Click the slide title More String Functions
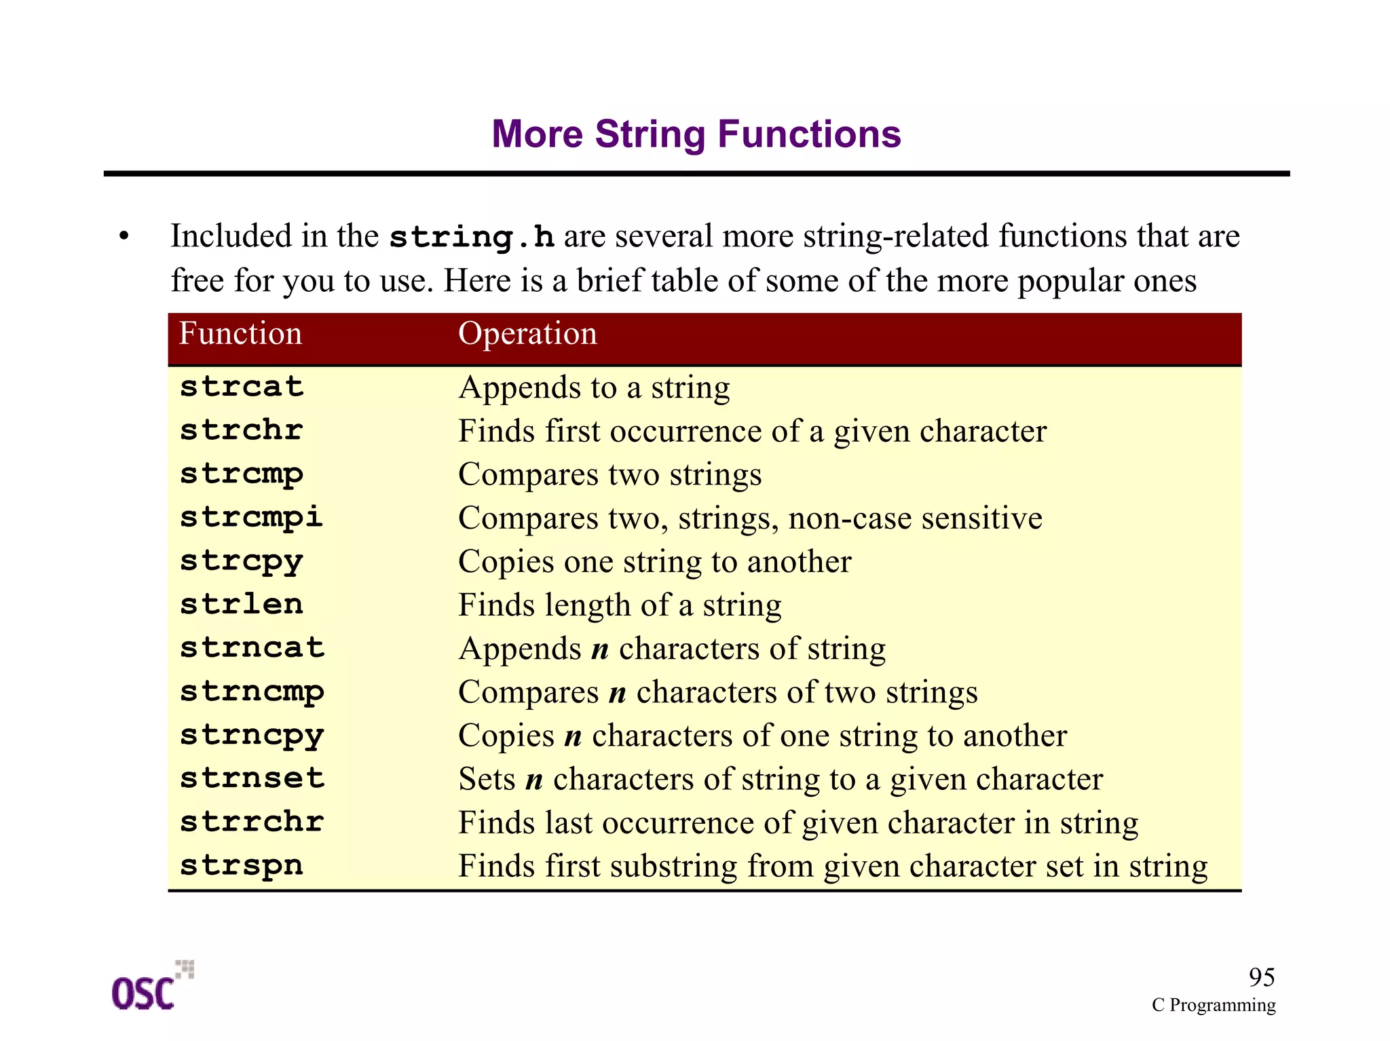click(x=696, y=134)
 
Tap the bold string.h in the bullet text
click(x=472, y=237)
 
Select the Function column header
click(x=240, y=334)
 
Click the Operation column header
click(x=527, y=334)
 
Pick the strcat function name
click(x=241, y=387)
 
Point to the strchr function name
click(x=241, y=430)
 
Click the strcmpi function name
click(x=250, y=518)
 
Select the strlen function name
click(x=241, y=605)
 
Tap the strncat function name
click(x=252, y=648)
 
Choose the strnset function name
click(x=252, y=778)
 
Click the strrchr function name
click(x=252, y=822)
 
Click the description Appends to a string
click(x=594, y=388)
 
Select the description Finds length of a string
click(x=619, y=605)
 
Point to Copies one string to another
click(x=654, y=562)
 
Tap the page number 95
click(x=1261, y=977)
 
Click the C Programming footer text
click(x=1213, y=1005)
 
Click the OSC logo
click(x=151, y=987)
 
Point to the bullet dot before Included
click(x=124, y=237)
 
